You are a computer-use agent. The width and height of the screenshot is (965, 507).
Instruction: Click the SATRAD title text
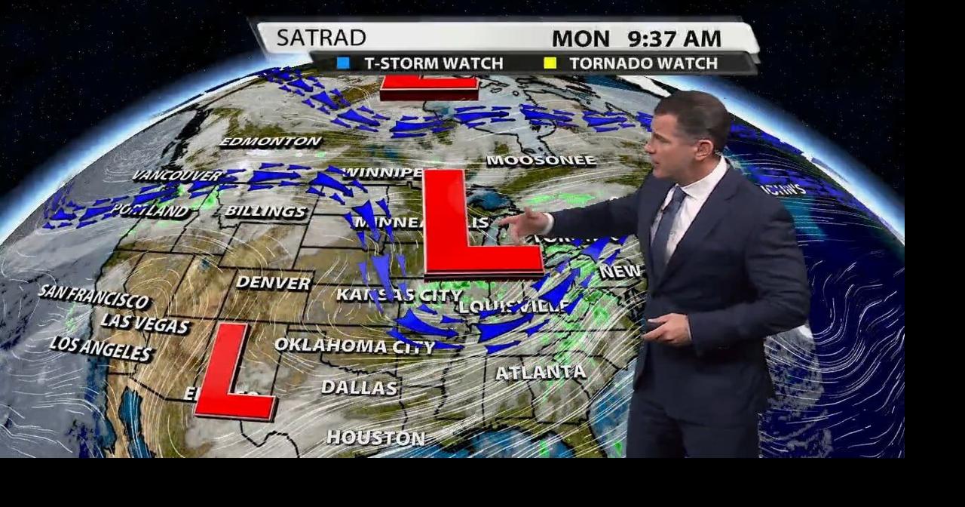pyautogui.click(x=321, y=38)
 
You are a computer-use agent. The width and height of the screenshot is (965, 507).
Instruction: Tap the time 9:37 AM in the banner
pyautogui.click(x=674, y=38)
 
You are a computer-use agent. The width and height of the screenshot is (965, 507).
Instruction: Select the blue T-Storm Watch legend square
pyautogui.click(x=344, y=63)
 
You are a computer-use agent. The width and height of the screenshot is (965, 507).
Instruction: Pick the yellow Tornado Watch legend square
pyautogui.click(x=550, y=63)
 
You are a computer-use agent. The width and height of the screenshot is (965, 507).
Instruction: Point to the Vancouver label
pyautogui.click(x=178, y=176)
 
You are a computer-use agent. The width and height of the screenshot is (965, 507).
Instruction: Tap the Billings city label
pyautogui.click(x=266, y=212)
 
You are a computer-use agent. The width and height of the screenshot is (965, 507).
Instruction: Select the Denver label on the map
pyautogui.click(x=273, y=283)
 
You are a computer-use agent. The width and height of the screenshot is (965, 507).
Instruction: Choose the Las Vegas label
pyautogui.click(x=145, y=324)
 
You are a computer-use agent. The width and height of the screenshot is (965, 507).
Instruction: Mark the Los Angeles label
pyautogui.click(x=101, y=348)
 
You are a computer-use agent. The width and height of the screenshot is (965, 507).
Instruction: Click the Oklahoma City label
pyautogui.click(x=354, y=346)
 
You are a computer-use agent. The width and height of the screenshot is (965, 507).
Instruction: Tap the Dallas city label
pyautogui.click(x=359, y=388)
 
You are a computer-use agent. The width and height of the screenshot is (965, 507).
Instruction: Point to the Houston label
pyautogui.click(x=375, y=438)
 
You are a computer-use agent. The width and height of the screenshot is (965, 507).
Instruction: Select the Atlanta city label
pyautogui.click(x=540, y=372)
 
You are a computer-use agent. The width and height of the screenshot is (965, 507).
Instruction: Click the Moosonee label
pyautogui.click(x=541, y=161)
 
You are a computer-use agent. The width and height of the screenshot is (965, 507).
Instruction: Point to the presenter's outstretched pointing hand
pyautogui.click(x=524, y=223)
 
